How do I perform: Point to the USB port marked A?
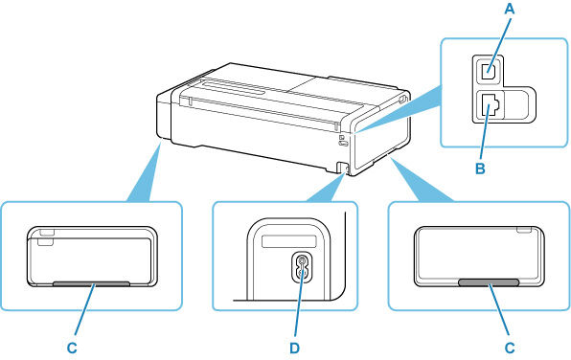489,68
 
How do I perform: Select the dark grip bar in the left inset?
91,283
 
